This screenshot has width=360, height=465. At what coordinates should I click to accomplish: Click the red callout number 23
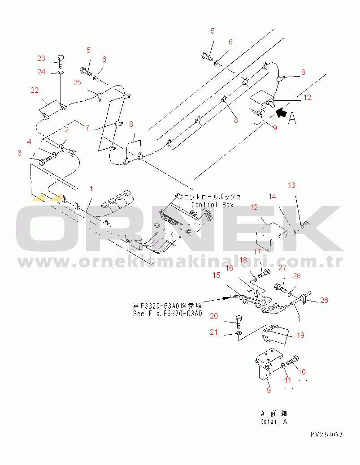point(41,58)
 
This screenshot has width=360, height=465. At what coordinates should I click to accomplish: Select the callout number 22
point(35,90)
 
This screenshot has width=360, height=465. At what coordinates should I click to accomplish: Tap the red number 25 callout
point(77,82)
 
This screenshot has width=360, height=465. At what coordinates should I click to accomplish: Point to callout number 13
point(291,185)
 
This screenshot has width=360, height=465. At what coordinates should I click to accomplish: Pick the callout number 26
point(324,300)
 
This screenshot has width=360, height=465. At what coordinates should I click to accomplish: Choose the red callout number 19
point(301,335)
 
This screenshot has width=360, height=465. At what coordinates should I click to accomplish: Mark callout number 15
point(216,275)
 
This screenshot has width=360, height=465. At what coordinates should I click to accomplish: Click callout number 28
point(297,276)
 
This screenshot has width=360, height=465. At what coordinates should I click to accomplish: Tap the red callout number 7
point(87,128)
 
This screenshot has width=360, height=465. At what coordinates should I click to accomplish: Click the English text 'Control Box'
point(213,205)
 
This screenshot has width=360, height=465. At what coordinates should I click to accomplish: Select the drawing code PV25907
point(327,435)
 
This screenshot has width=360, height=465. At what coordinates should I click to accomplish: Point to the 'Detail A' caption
point(274,422)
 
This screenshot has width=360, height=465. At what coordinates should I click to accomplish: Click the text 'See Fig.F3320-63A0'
point(168,314)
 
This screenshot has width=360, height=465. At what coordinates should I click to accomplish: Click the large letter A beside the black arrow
point(292,118)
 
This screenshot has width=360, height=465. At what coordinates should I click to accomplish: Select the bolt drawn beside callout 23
point(61,61)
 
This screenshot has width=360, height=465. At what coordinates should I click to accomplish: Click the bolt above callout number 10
point(293,360)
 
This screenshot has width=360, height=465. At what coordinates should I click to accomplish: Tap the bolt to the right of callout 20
point(239,322)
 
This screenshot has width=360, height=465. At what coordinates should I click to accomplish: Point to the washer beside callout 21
point(239,333)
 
